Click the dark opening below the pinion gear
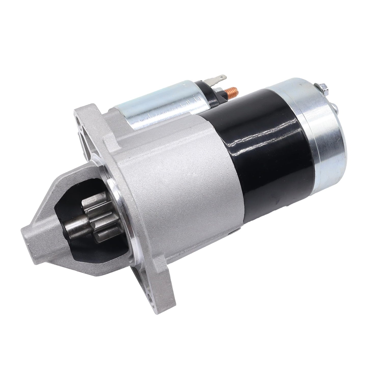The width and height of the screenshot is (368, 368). (x=84, y=255)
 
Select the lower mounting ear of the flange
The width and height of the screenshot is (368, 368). (x=150, y=293)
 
